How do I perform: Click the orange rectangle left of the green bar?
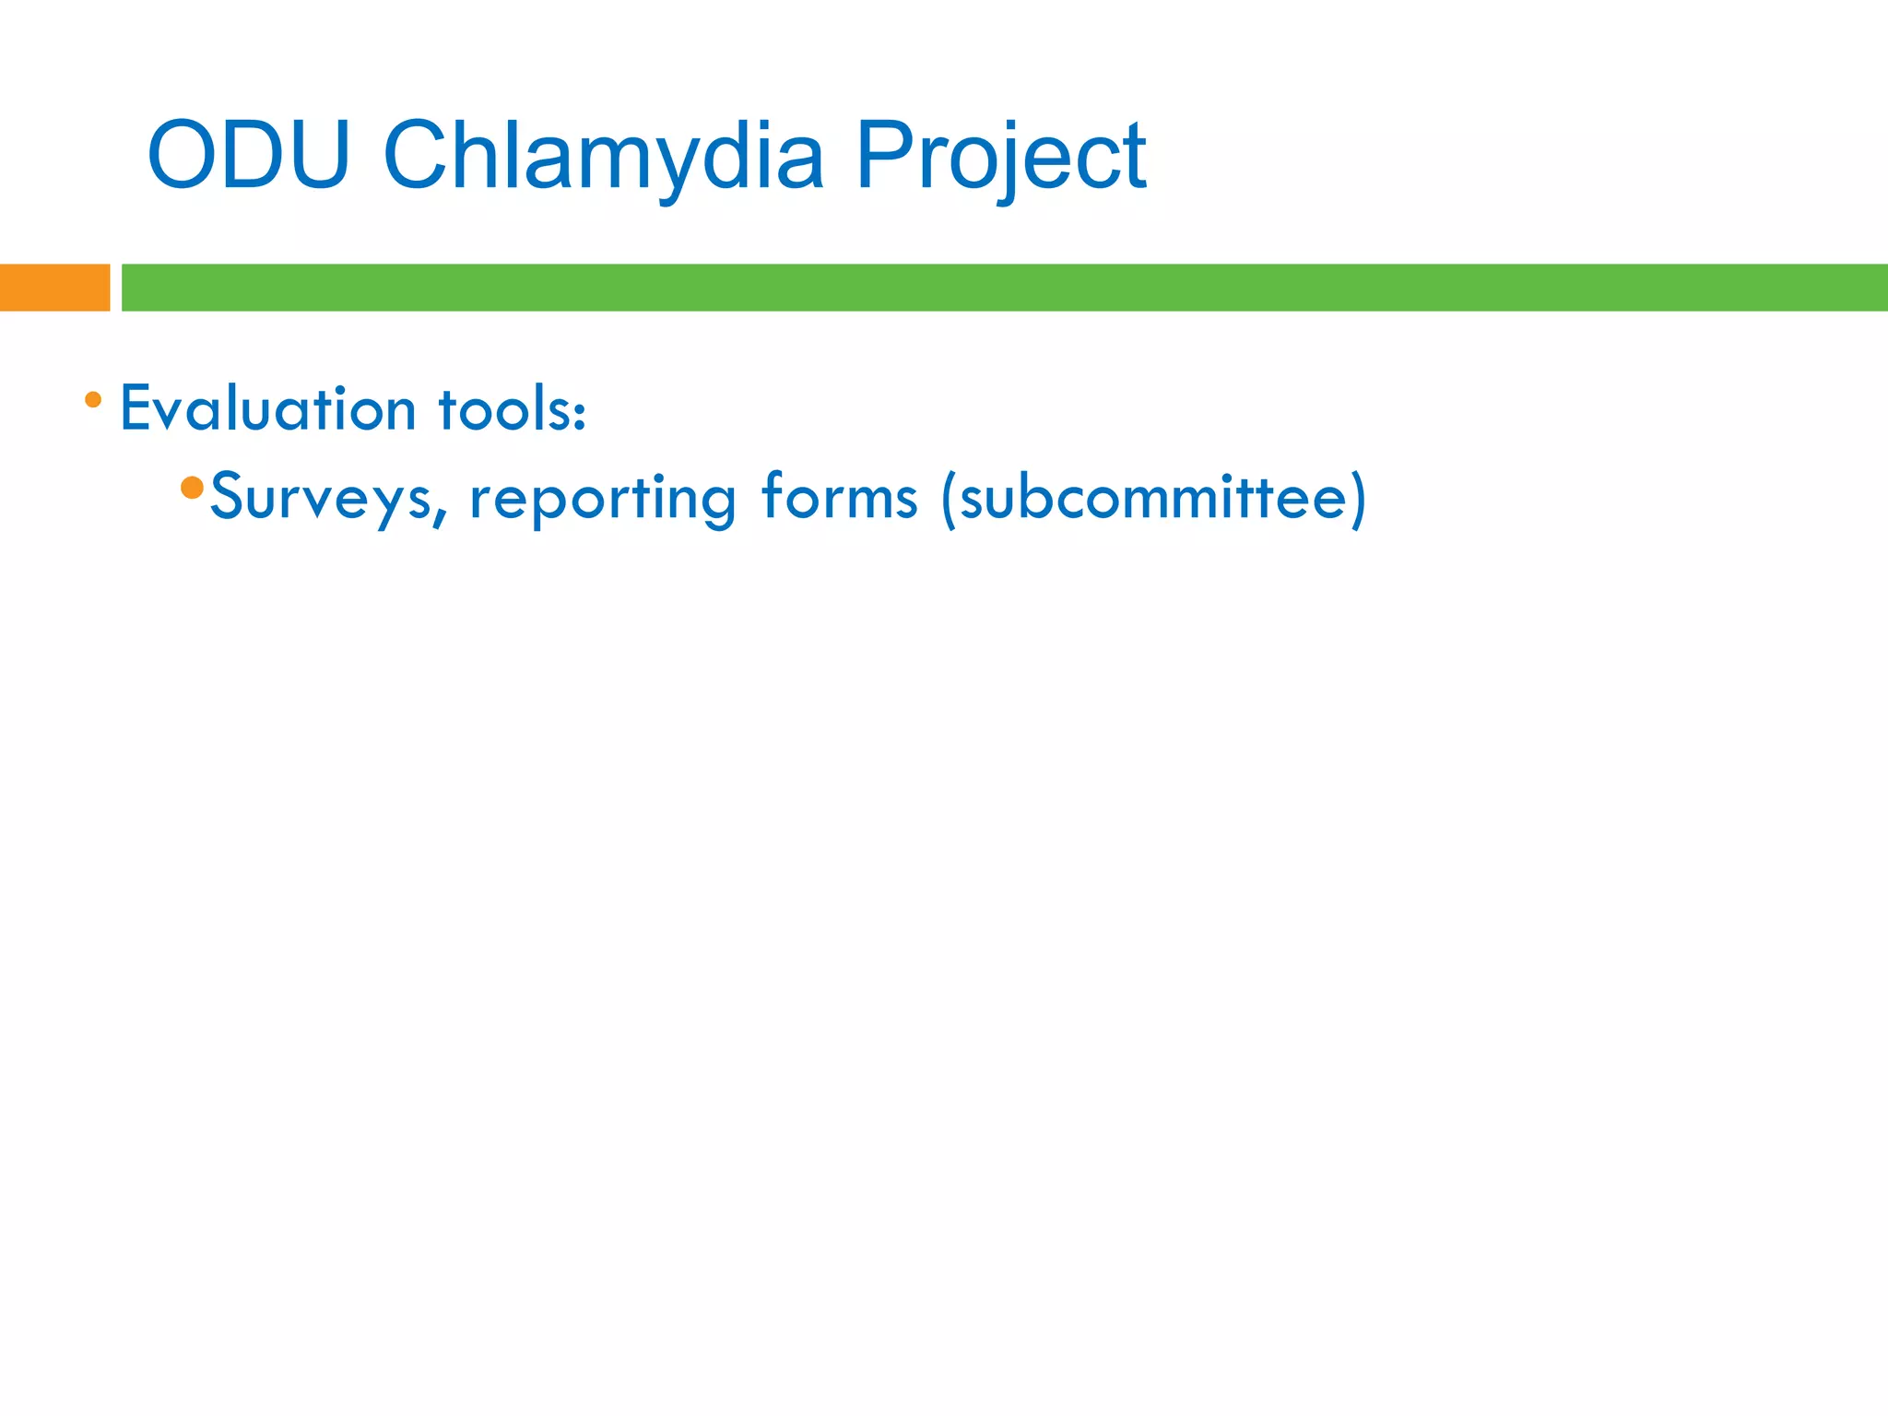(54, 288)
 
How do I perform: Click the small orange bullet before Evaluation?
(93, 400)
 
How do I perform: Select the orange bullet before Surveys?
(192, 488)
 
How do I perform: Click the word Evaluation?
(267, 408)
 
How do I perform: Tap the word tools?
(502, 408)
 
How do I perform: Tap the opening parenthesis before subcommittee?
(949, 499)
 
